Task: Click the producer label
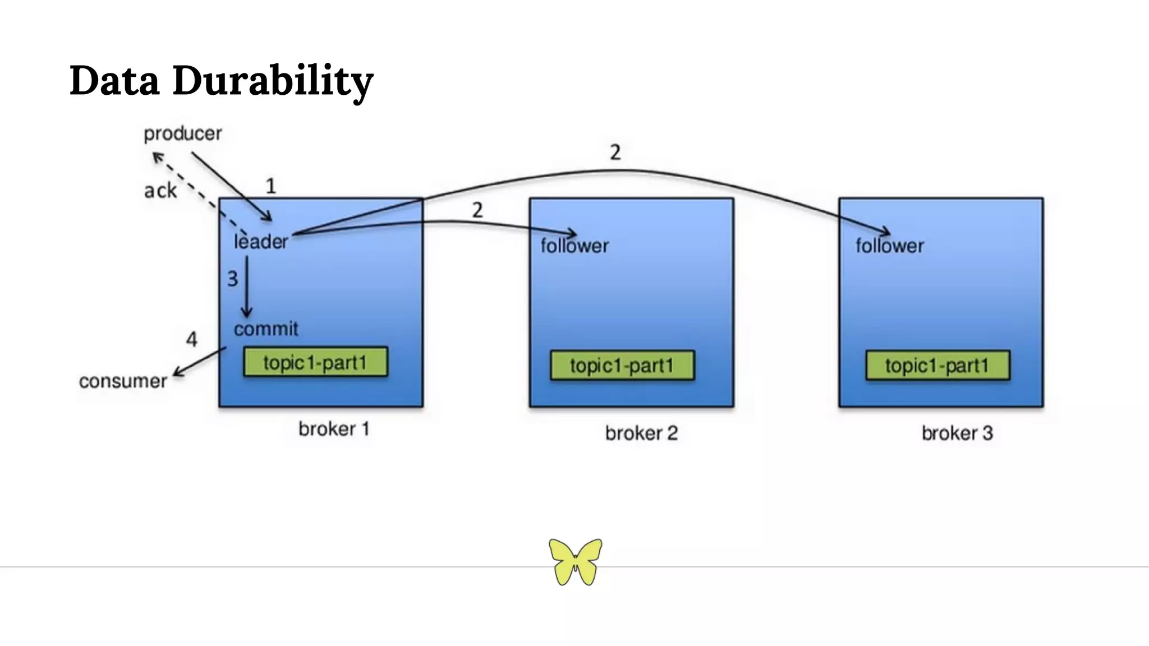click(x=182, y=133)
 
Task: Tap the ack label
click(x=160, y=191)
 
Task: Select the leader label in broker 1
click(x=261, y=242)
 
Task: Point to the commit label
click(x=266, y=329)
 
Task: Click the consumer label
click(x=123, y=381)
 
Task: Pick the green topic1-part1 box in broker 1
click(x=315, y=362)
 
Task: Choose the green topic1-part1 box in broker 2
click(x=622, y=366)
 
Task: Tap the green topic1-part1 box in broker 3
click(x=937, y=366)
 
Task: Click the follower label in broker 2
click(x=574, y=246)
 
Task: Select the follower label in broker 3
click(x=890, y=246)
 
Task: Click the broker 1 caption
click(x=334, y=430)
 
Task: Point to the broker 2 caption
click(x=641, y=433)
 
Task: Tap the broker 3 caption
click(x=957, y=433)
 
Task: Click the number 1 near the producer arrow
click(x=270, y=186)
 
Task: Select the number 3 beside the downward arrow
click(x=232, y=279)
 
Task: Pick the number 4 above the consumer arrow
click(x=191, y=339)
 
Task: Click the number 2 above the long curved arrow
click(x=615, y=153)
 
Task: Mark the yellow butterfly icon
click(x=575, y=562)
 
